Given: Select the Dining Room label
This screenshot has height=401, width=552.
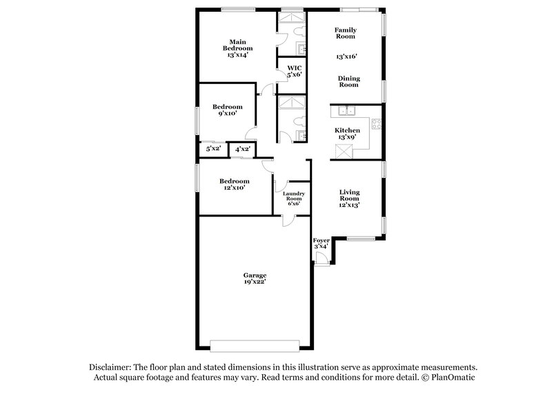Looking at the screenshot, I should (348, 81).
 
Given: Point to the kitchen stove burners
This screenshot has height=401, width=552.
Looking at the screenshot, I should (377, 124).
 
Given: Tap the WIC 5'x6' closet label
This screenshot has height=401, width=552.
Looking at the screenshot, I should (294, 71).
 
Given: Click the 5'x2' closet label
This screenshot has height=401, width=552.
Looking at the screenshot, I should (213, 149).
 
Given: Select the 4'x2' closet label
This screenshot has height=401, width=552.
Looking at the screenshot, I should (242, 149).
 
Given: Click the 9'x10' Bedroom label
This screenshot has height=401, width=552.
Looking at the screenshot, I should (227, 110).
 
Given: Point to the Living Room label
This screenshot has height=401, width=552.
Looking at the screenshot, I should (349, 198).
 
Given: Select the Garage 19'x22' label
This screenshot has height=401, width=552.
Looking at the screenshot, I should (255, 278).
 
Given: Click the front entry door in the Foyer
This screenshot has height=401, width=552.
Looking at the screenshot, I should (319, 259).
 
